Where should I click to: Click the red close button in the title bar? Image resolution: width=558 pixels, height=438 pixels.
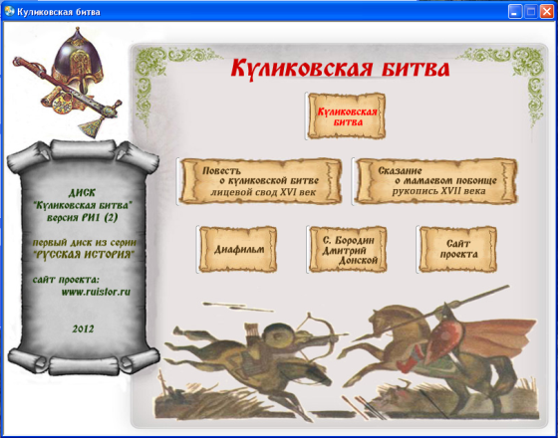pos(546,12)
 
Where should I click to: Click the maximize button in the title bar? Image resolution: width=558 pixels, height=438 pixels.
pos(530,12)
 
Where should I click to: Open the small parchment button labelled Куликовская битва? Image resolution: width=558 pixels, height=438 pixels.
pos(347,115)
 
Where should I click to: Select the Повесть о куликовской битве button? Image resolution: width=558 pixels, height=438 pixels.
pos(261,181)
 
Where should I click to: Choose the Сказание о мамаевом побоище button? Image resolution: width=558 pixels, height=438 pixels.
pos(436,181)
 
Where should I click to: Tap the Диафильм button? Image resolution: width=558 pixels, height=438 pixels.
pos(238,249)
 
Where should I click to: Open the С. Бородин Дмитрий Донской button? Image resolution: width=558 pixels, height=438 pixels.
pos(348,249)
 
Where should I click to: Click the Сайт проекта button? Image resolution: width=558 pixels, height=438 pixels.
pos(458,249)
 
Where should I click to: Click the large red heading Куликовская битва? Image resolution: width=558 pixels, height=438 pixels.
pos(340,69)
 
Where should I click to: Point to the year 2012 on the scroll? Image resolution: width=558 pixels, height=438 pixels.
pos(83,328)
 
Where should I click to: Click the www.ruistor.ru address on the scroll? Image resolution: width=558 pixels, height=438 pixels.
pos(96,293)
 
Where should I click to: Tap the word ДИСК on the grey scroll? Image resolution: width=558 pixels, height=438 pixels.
pos(82,193)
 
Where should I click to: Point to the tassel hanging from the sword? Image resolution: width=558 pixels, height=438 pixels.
pos(88,127)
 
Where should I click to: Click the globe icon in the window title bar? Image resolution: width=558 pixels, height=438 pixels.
pos(10,12)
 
